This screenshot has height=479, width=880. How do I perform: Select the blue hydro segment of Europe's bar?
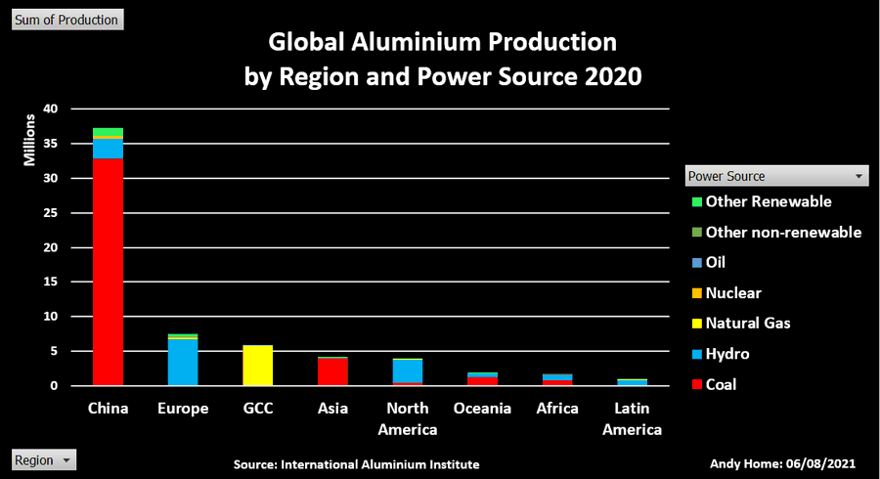click(x=182, y=363)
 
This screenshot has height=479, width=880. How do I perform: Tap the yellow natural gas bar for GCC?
click(x=257, y=366)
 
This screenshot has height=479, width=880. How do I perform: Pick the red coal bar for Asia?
click(x=332, y=372)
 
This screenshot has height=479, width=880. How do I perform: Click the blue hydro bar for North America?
click(x=408, y=370)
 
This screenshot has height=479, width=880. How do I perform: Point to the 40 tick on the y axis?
click(x=51, y=109)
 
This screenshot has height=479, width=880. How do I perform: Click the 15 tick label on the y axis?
click(x=51, y=283)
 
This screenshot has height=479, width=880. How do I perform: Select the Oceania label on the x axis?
click(x=483, y=408)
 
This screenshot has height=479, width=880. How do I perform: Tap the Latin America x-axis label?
click(x=633, y=418)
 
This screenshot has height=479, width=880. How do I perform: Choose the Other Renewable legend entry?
click(x=769, y=201)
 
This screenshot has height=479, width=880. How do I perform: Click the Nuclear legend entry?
click(x=733, y=292)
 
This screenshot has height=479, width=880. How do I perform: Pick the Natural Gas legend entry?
click(x=748, y=323)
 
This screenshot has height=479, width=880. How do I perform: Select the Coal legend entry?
click(x=722, y=384)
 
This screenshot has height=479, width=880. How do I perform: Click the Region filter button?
click(x=44, y=459)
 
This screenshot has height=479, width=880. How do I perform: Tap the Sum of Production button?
click(x=66, y=20)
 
